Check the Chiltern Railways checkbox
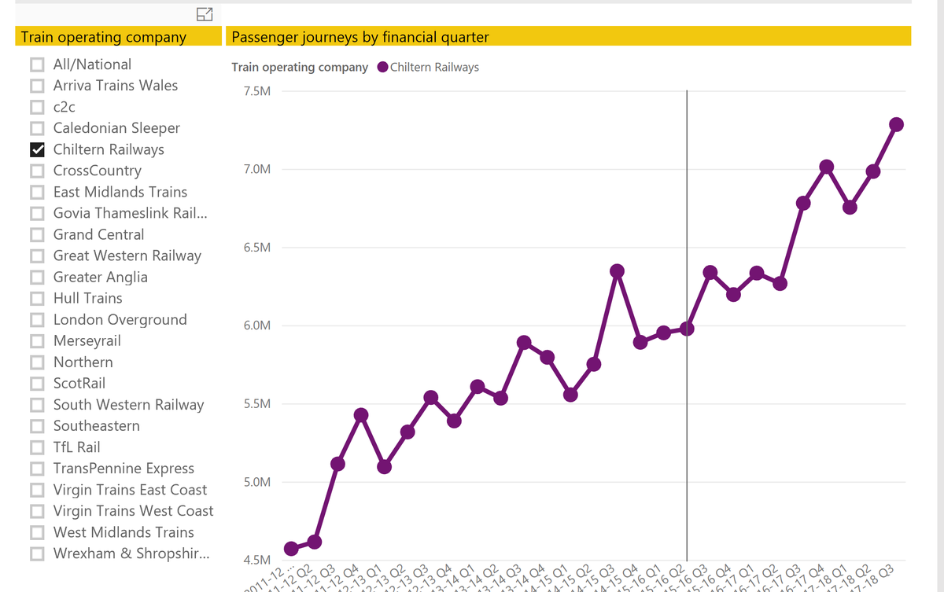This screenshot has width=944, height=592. point(37,149)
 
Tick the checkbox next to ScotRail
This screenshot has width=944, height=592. point(37,384)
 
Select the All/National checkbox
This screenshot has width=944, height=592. point(37,64)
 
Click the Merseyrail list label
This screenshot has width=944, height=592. point(87,341)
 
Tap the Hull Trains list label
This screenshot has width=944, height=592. point(87,299)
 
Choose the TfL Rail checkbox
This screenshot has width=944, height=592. point(37,447)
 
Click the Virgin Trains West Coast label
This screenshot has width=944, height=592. point(133,511)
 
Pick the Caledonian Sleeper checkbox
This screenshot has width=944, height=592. point(37,128)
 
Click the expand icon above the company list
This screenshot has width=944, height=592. point(205,13)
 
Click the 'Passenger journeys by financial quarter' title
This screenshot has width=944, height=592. point(360,37)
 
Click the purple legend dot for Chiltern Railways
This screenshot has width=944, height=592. point(383,68)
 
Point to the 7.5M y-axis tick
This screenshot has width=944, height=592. point(258,91)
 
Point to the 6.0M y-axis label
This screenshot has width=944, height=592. point(258,325)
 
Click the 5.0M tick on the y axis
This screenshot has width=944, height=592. point(258,482)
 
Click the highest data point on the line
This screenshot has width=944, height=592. point(896,125)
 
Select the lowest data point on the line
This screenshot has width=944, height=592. point(291,548)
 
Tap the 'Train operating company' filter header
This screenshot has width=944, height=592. point(104,37)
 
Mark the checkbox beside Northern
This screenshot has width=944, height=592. point(37,362)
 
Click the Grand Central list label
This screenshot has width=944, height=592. point(98,234)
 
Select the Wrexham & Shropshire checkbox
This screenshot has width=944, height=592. point(37,553)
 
